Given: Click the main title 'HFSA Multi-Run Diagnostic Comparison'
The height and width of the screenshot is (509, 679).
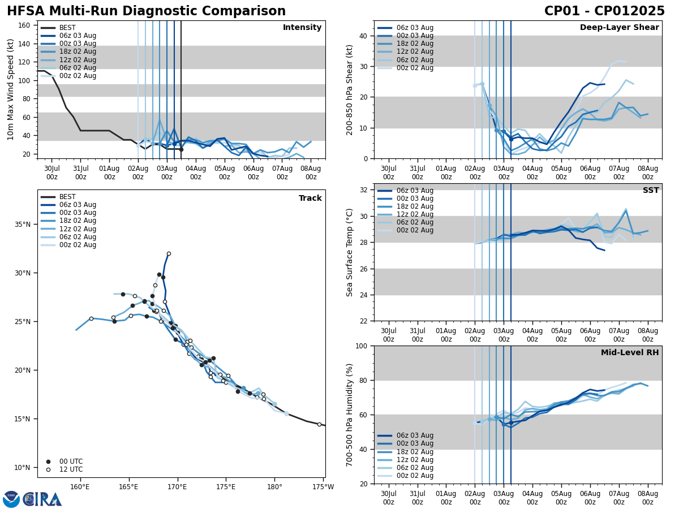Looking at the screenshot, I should point(146,11).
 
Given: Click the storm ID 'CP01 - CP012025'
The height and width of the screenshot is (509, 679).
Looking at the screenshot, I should point(604,11).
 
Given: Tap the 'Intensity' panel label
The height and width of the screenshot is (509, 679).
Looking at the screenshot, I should point(302,28).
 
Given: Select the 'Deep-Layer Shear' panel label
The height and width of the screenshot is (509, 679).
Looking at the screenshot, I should point(619,28).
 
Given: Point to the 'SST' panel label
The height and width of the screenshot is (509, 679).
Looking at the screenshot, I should point(650,191).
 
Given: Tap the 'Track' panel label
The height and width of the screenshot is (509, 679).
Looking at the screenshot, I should point(310,199).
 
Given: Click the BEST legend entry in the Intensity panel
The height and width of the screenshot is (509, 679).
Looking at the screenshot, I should point(67,28).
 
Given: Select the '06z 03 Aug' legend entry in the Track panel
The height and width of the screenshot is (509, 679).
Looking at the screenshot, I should point(78,205).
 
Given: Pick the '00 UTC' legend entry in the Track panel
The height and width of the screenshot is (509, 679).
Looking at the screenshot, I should point(71,461).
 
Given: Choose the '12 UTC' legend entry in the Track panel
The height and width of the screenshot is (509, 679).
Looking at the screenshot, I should point(71,469).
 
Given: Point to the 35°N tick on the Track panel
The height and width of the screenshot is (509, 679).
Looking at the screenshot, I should point(23,225).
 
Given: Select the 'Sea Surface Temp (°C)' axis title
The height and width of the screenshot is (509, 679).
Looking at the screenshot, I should point(350,252).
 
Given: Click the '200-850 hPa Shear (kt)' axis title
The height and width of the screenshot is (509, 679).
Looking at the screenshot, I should point(350,89).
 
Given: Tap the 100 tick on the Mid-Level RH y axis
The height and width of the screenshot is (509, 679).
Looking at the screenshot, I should point(361,346).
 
